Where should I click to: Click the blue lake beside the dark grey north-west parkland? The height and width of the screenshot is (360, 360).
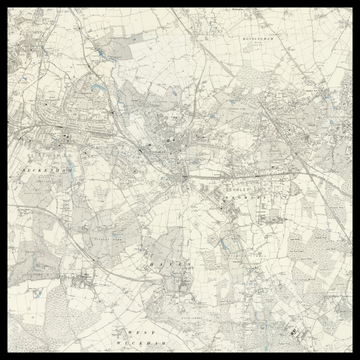(x=95, y=88)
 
